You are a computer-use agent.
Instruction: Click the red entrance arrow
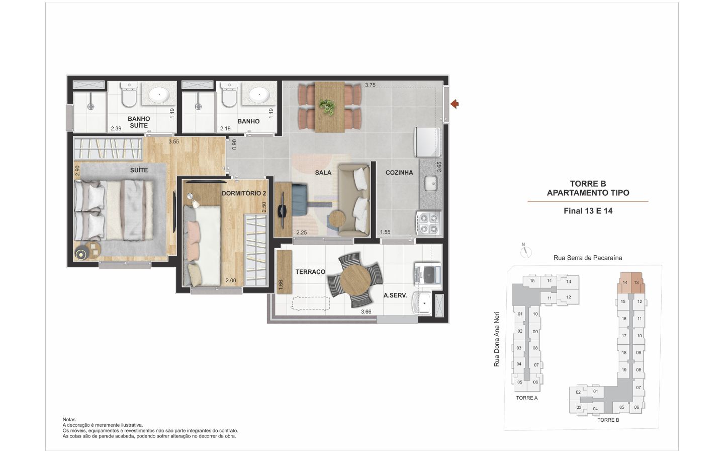click(x=455, y=104)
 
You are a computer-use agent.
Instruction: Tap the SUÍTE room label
click(x=139, y=170)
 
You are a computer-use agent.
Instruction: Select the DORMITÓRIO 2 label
click(x=244, y=193)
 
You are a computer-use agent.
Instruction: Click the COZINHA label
click(x=399, y=173)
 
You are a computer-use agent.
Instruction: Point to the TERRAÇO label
click(x=310, y=272)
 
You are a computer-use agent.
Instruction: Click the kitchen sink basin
click(x=431, y=183)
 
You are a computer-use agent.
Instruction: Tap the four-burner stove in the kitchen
click(x=428, y=223)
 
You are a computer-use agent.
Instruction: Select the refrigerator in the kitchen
click(x=427, y=142)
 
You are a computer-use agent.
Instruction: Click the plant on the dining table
click(x=327, y=107)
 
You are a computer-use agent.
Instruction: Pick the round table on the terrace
click(x=355, y=280)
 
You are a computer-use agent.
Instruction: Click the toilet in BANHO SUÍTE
click(x=129, y=94)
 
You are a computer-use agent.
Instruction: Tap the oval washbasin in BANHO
click(x=259, y=95)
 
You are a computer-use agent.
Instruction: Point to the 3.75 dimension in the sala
click(x=371, y=85)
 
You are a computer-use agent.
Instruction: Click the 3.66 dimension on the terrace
click(x=366, y=312)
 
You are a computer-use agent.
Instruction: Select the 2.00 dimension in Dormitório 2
click(x=231, y=280)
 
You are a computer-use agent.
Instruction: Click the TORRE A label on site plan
click(x=527, y=398)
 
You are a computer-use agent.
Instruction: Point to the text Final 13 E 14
click(x=588, y=211)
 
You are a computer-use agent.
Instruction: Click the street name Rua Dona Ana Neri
click(x=497, y=339)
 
